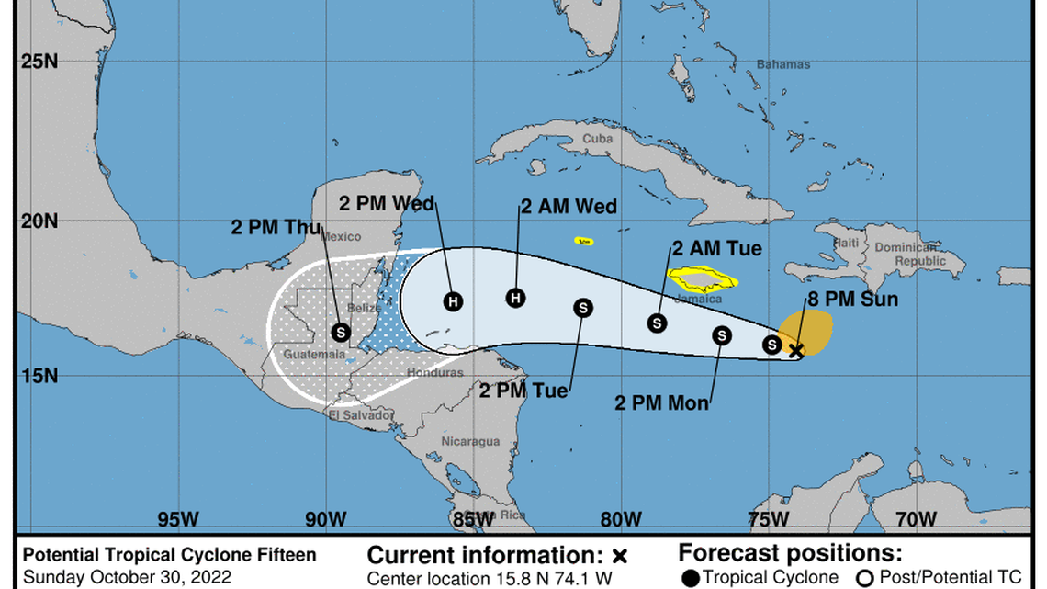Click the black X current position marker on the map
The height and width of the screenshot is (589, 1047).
(x=796, y=350)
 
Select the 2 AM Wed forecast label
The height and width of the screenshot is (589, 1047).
(x=569, y=207)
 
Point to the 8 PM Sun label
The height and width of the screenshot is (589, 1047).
(x=853, y=299)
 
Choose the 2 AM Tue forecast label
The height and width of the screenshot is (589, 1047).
(x=716, y=248)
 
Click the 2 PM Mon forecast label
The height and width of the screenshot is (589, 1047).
(x=660, y=403)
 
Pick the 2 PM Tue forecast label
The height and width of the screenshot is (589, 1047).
(x=523, y=391)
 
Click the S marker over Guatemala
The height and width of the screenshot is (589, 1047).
(x=341, y=332)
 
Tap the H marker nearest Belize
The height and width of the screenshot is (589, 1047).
(x=452, y=300)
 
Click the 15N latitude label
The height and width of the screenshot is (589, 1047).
(x=39, y=376)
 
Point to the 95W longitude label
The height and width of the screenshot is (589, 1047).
(x=177, y=519)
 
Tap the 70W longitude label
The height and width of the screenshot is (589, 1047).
(x=916, y=519)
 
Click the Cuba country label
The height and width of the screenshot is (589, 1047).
(x=597, y=139)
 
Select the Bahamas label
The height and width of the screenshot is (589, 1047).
(x=783, y=64)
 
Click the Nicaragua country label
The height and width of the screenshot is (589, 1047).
(x=469, y=441)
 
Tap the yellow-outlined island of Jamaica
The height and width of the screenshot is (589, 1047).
(x=703, y=278)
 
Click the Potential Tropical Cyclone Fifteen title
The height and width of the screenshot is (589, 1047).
(x=169, y=555)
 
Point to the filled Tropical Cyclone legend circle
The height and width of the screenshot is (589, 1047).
(x=691, y=577)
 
